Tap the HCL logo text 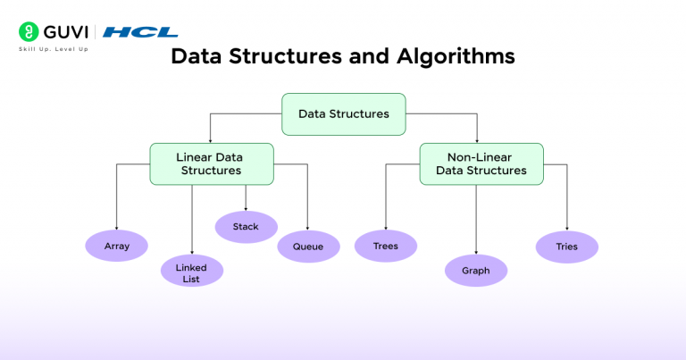[140, 32]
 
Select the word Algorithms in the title [454, 56]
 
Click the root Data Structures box [343, 113]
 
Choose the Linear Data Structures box [210, 163]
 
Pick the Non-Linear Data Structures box [481, 163]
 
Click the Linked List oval [192, 272]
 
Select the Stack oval [246, 227]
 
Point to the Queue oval [308, 246]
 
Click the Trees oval [386, 246]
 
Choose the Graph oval [476, 270]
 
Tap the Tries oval [566, 246]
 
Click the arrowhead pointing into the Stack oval [246, 208]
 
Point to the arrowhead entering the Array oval [116, 227]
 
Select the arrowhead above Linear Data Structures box [210, 139]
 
